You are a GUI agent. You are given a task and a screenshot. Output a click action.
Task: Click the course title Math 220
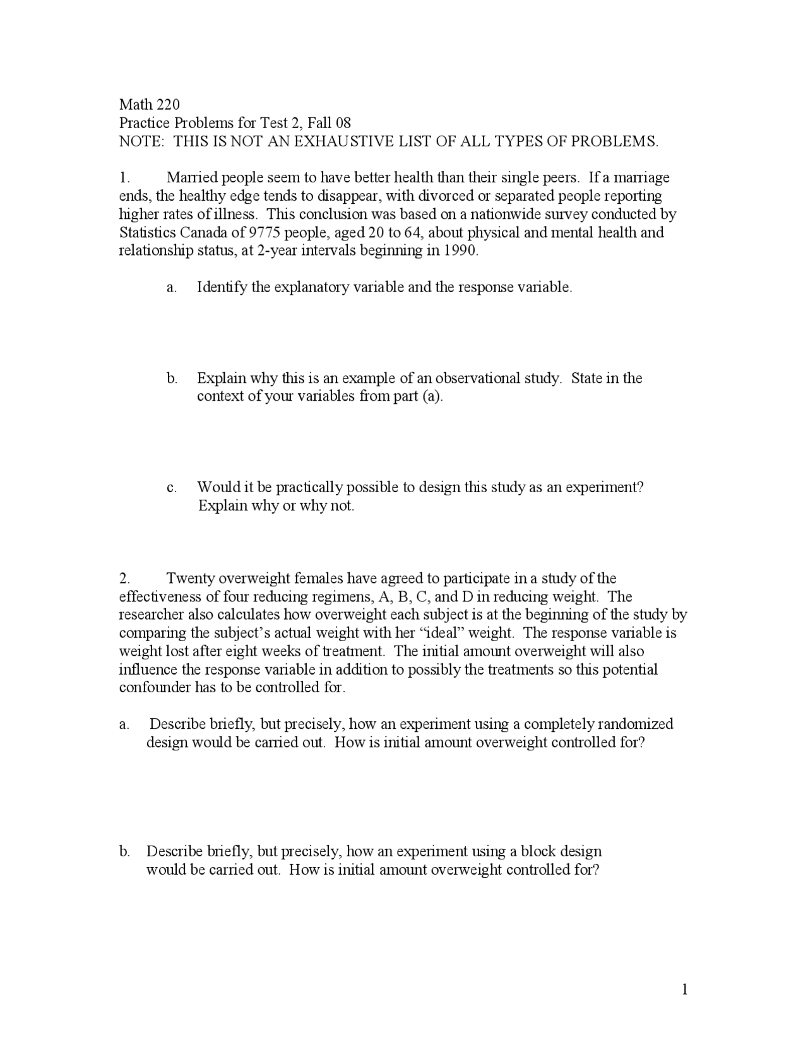[x=150, y=104]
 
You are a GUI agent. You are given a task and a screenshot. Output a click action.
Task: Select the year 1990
[x=460, y=251]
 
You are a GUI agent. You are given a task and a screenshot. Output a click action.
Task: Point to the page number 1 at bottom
[x=684, y=989]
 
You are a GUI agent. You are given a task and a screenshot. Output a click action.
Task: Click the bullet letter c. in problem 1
[x=172, y=487]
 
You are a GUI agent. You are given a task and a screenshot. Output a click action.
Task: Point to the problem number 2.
[x=124, y=578]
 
